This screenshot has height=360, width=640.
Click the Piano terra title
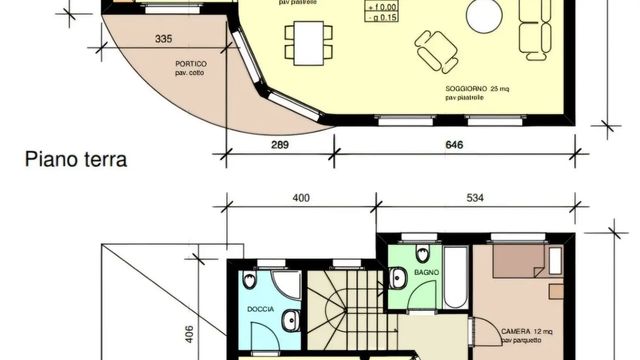coord(76,159)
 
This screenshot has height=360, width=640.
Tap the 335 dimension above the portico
coord(163,39)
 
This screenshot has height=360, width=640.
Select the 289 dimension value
coord(280,145)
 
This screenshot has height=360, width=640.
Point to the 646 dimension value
coord(454,145)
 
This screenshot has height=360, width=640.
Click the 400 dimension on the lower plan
coord(301,198)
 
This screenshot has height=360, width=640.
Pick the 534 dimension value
coord(475,198)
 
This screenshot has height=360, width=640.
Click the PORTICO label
coord(191,64)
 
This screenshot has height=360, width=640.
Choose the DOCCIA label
coord(260,309)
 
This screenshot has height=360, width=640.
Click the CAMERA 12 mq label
coord(526,331)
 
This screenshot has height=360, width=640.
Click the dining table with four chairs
coord(308,43)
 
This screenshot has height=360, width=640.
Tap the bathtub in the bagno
coord(456,278)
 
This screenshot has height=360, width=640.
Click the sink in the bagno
coord(397,278)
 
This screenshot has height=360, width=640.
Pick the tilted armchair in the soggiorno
coord(436,51)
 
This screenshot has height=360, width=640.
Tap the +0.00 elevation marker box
coord(381,7)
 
